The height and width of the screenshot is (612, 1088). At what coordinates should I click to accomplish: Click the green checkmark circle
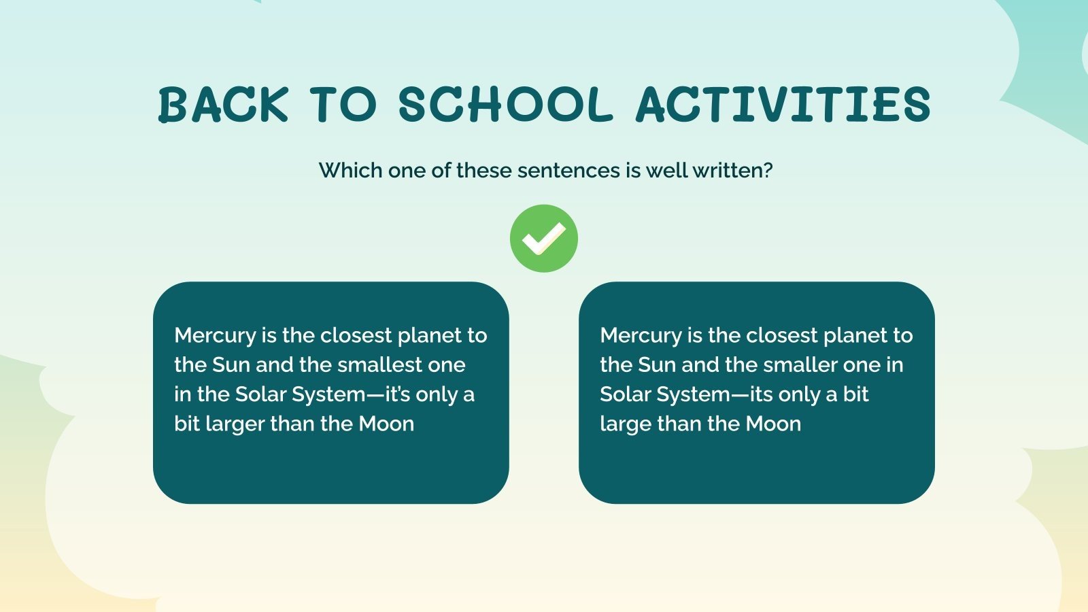(544, 239)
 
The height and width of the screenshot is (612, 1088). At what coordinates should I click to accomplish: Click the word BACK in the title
(224, 105)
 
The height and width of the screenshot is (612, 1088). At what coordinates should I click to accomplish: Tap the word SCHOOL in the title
(505, 105)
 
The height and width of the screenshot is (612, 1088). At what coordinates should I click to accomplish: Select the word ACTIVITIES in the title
(783, 105)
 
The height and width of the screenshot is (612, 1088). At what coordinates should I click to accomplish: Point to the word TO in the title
(343, 105)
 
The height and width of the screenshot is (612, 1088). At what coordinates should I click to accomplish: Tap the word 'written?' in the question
(732, 170)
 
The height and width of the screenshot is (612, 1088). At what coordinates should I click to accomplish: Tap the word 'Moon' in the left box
(386, 424)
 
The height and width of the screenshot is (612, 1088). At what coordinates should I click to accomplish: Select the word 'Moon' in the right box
(773, 424)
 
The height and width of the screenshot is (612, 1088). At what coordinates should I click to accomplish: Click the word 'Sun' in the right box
(657, 365)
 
